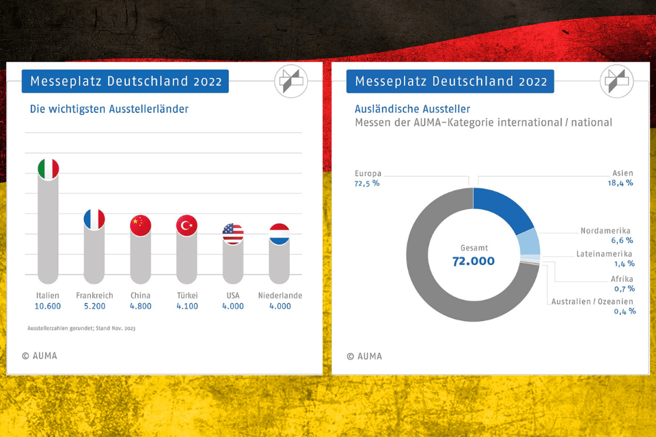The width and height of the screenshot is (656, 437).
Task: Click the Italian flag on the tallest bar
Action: click(48, 169)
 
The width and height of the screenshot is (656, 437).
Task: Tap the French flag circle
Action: click(94, 219)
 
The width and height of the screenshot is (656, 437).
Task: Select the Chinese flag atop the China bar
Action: click(140, 225)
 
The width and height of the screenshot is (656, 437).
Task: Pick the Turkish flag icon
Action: click(187, 225)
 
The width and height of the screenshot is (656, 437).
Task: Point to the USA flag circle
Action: click(233, 234)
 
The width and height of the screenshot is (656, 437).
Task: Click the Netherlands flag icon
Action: click(279, 234)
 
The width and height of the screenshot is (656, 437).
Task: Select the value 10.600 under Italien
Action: click(48, 306)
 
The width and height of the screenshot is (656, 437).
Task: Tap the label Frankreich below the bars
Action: click(94, 296)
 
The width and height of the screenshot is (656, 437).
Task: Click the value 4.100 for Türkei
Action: click(187, 306)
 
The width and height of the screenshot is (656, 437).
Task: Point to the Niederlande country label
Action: click(279, 296)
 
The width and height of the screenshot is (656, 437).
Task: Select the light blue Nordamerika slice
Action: click(528, 242)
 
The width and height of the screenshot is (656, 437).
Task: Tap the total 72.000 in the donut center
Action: click(473, 261)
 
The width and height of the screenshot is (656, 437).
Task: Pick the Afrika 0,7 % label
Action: click(622, 284)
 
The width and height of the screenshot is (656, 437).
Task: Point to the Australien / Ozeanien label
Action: click(592, 301)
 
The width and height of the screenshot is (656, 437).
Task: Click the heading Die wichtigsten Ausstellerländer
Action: click(109, 109)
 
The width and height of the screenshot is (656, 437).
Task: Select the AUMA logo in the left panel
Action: click(291, 82)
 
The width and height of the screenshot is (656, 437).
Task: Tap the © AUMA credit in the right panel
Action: click(364, 356)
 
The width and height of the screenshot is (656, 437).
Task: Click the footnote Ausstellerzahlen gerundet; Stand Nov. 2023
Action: click(81, 328)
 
